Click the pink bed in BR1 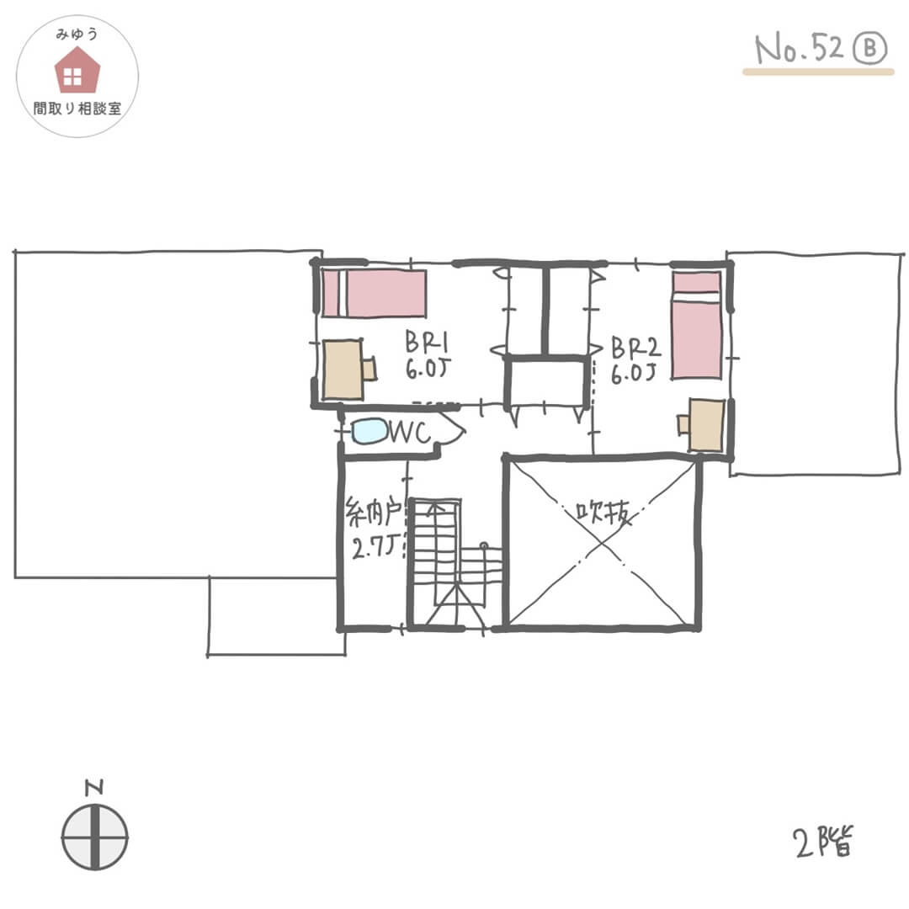click(x=374, y=294)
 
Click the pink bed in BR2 click(x=697, y=326)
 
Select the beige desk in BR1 click(x=343, y=369)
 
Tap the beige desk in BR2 click(x=706, y=425)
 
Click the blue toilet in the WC click(x=369, y=431)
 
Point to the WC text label click(x=410, y=433)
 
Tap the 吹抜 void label click(x=603, y=513)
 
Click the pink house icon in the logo click(x=77, y=70)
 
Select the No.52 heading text click(x=800, y=48)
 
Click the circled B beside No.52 click(x=870, y=48)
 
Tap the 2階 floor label click(x=823, y=843)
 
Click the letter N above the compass click(x=94, y=787)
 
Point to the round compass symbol click(x=94, y=837)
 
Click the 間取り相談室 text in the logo click(x=77, y=109)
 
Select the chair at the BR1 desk click(x=369, y=369)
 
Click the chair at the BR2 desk click(x=684, y=424)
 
